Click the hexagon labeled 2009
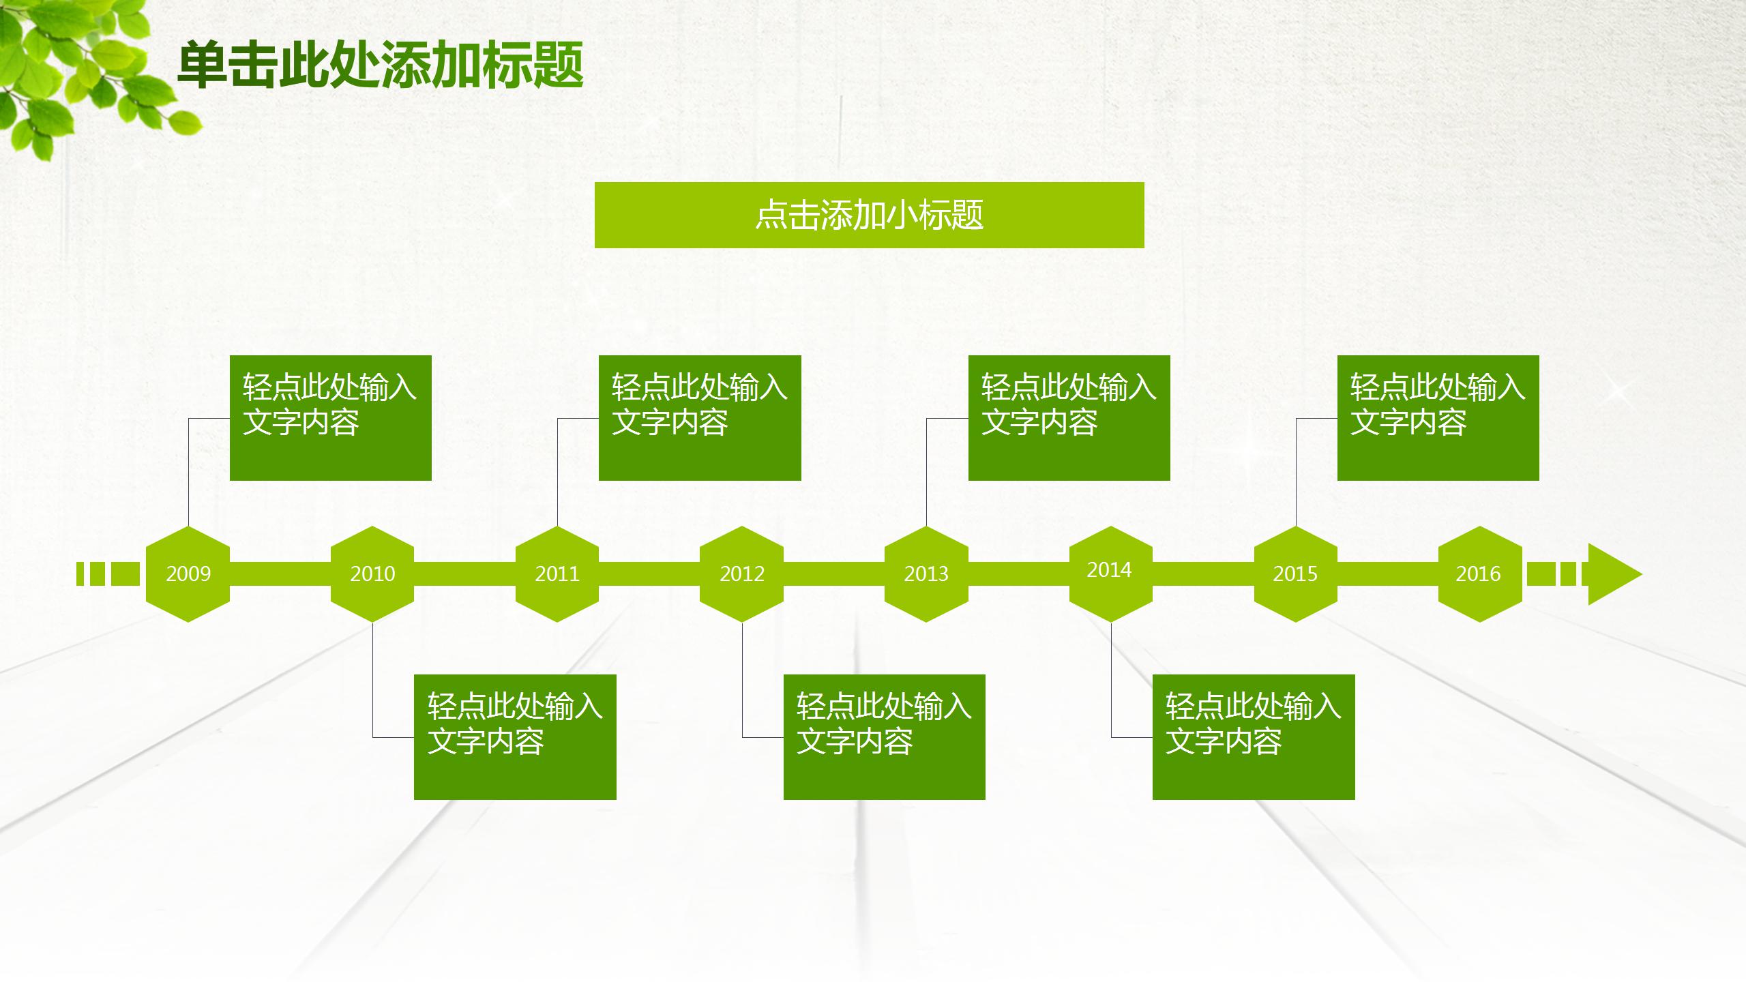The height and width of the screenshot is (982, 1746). pos(188,574)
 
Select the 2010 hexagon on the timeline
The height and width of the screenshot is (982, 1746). pos(372,574)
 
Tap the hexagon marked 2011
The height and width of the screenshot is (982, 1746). pos(557,574)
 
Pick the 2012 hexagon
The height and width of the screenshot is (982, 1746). pos(742,574)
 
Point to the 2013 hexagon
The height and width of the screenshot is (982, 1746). pos(926,574)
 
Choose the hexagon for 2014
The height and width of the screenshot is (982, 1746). pos(1110,574)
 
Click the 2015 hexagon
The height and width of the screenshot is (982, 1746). pos(1296,574)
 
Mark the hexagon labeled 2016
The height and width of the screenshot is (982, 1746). pos(1480,574)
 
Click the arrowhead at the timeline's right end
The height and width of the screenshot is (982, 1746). pos(1611,574)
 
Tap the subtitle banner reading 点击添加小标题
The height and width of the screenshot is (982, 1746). pos(869,215)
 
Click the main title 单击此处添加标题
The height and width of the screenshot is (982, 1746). pos(380,65)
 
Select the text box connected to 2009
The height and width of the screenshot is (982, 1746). pos(331,417)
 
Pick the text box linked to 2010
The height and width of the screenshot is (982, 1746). pos(515,736)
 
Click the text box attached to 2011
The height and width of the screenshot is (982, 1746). pos(700,417)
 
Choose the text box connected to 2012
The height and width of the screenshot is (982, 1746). pos(884,736)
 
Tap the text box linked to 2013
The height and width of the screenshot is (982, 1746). pos(1069,417)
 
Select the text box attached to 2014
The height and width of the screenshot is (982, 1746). pos(1254,736)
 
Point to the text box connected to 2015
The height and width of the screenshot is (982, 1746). pos(1438,417)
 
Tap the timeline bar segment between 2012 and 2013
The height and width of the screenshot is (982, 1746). pos(834,574)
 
